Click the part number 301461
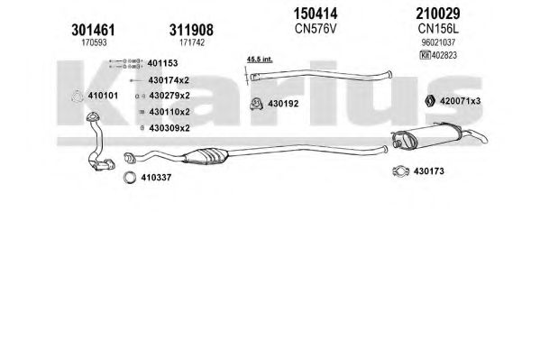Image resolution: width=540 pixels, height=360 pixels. [x=93, y=30]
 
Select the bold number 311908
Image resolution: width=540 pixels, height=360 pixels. [x=191, y=30]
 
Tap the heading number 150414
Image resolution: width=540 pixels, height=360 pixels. [x=316, y=14]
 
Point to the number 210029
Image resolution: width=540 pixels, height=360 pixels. [x=438, y=14]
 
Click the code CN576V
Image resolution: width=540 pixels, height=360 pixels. [x=316, y=29]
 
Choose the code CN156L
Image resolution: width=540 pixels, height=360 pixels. [x=438, y=29]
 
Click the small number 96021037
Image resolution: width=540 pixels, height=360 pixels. [x=438, y=42]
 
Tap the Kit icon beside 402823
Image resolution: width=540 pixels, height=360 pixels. [x=425, y=55]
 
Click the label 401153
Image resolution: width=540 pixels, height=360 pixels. [x=162, y=63]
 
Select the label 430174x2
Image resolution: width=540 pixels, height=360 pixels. [x=169, y=80]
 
